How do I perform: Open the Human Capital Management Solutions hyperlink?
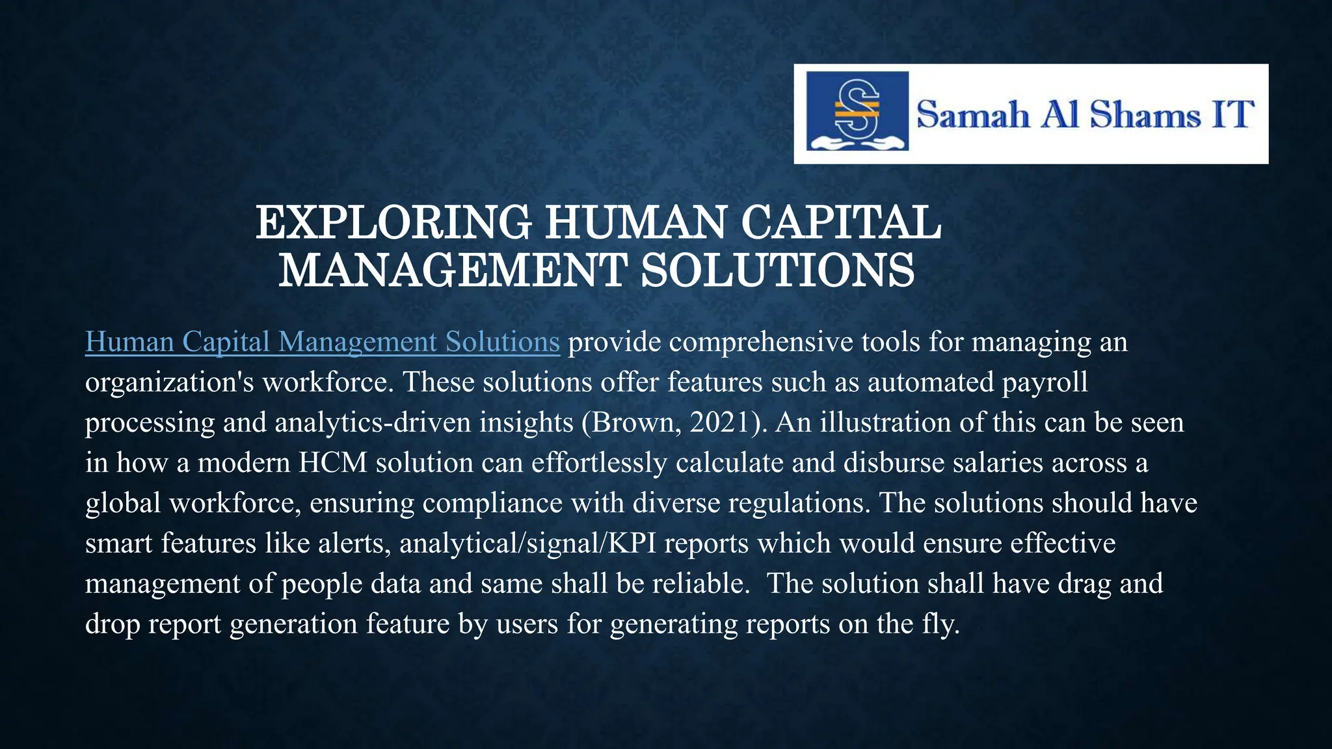pos(322,342)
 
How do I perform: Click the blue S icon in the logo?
pos(857,111)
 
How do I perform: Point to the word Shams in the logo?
pos(1145,115)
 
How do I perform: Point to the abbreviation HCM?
pos(333,463)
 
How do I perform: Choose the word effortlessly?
pos(599,463)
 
